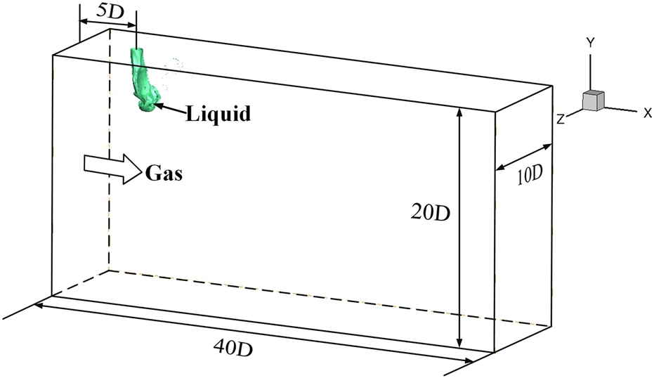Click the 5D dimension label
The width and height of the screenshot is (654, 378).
110,11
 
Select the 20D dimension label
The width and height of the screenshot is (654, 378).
431,213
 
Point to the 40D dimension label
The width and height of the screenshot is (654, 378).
233,347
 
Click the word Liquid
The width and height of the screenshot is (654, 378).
218,114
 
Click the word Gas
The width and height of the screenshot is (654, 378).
164,173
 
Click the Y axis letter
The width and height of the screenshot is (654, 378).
590,43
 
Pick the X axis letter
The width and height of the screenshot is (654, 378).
648,112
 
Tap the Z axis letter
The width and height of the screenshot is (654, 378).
561,119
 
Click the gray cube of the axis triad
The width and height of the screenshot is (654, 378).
593,100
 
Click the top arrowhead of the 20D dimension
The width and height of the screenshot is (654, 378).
459,112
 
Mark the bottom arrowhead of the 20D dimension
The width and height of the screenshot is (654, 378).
459,342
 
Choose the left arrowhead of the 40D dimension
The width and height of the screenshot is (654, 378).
39,305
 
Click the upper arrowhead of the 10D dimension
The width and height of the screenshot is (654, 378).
547,146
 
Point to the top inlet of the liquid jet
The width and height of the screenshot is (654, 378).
136,51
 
